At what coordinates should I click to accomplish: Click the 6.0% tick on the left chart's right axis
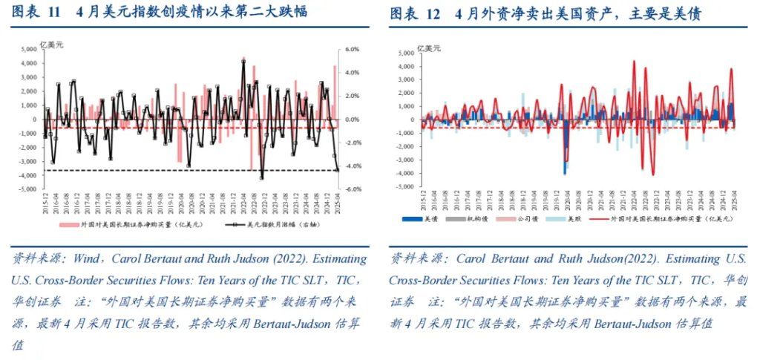coord(354,50)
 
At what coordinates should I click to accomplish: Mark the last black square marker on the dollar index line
coord(338,170)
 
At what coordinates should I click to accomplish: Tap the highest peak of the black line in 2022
coord(243,61)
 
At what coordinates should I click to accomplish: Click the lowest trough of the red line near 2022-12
coord(653,174)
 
